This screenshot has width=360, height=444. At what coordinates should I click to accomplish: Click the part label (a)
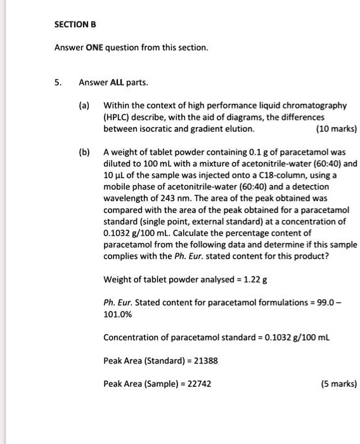84,105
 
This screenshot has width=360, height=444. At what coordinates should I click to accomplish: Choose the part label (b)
84,152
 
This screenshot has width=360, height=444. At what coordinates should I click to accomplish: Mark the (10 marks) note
336,129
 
